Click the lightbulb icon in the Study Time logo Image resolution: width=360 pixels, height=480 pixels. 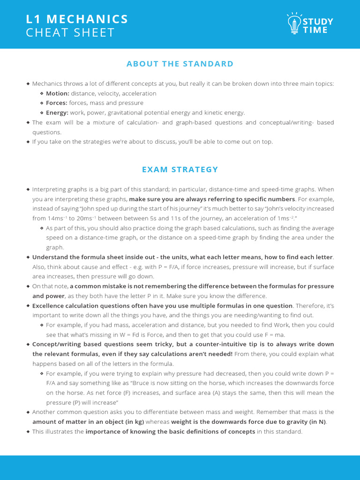coord(294,23)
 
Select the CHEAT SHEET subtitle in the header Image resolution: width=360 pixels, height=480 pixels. coord(70,33)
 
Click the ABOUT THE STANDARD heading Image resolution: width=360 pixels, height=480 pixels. coord(180,64)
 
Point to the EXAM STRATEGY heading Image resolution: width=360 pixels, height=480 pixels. coord(180,170)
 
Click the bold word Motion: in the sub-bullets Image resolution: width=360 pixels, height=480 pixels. coord(58,93)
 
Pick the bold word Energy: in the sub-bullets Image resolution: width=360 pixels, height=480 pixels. coord(57,112)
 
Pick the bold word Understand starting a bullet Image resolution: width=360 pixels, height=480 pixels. coord(50,257)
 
